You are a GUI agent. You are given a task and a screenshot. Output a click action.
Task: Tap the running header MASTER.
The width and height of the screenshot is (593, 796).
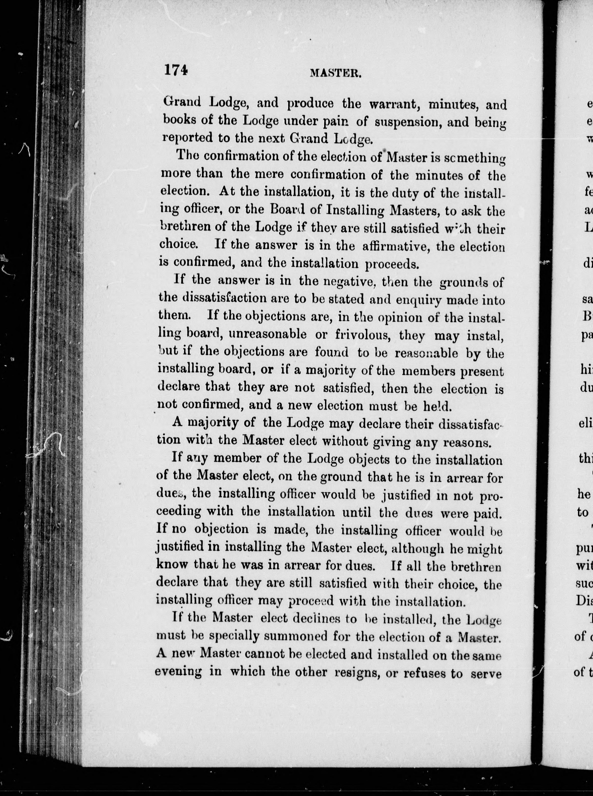coord(335,73)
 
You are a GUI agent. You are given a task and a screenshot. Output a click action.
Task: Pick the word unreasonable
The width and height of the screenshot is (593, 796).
coord(267,334)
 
